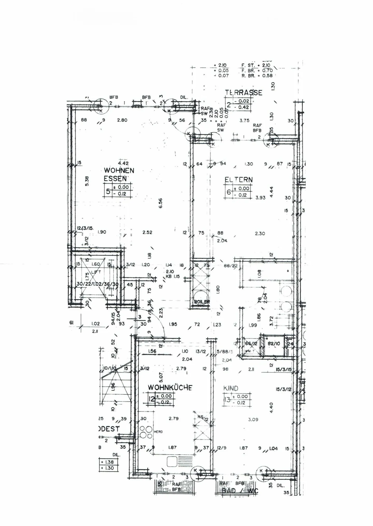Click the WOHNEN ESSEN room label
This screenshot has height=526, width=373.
(119, 174)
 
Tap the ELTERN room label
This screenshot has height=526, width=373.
(238, 180)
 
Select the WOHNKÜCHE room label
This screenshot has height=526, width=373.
(170, 388)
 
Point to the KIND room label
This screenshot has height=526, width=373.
(231, 388)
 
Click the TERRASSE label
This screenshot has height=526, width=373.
(243, 93)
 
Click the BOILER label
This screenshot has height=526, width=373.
(202, 302)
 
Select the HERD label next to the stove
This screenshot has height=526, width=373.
(158, 432)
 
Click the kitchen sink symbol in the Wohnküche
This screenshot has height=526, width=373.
(172, 461)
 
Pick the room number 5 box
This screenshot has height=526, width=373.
(108, 191)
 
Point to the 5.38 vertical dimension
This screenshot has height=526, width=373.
(87, 181)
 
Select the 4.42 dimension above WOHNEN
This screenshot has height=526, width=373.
(123, 163)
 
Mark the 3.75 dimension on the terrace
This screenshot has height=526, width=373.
(244, 120)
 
